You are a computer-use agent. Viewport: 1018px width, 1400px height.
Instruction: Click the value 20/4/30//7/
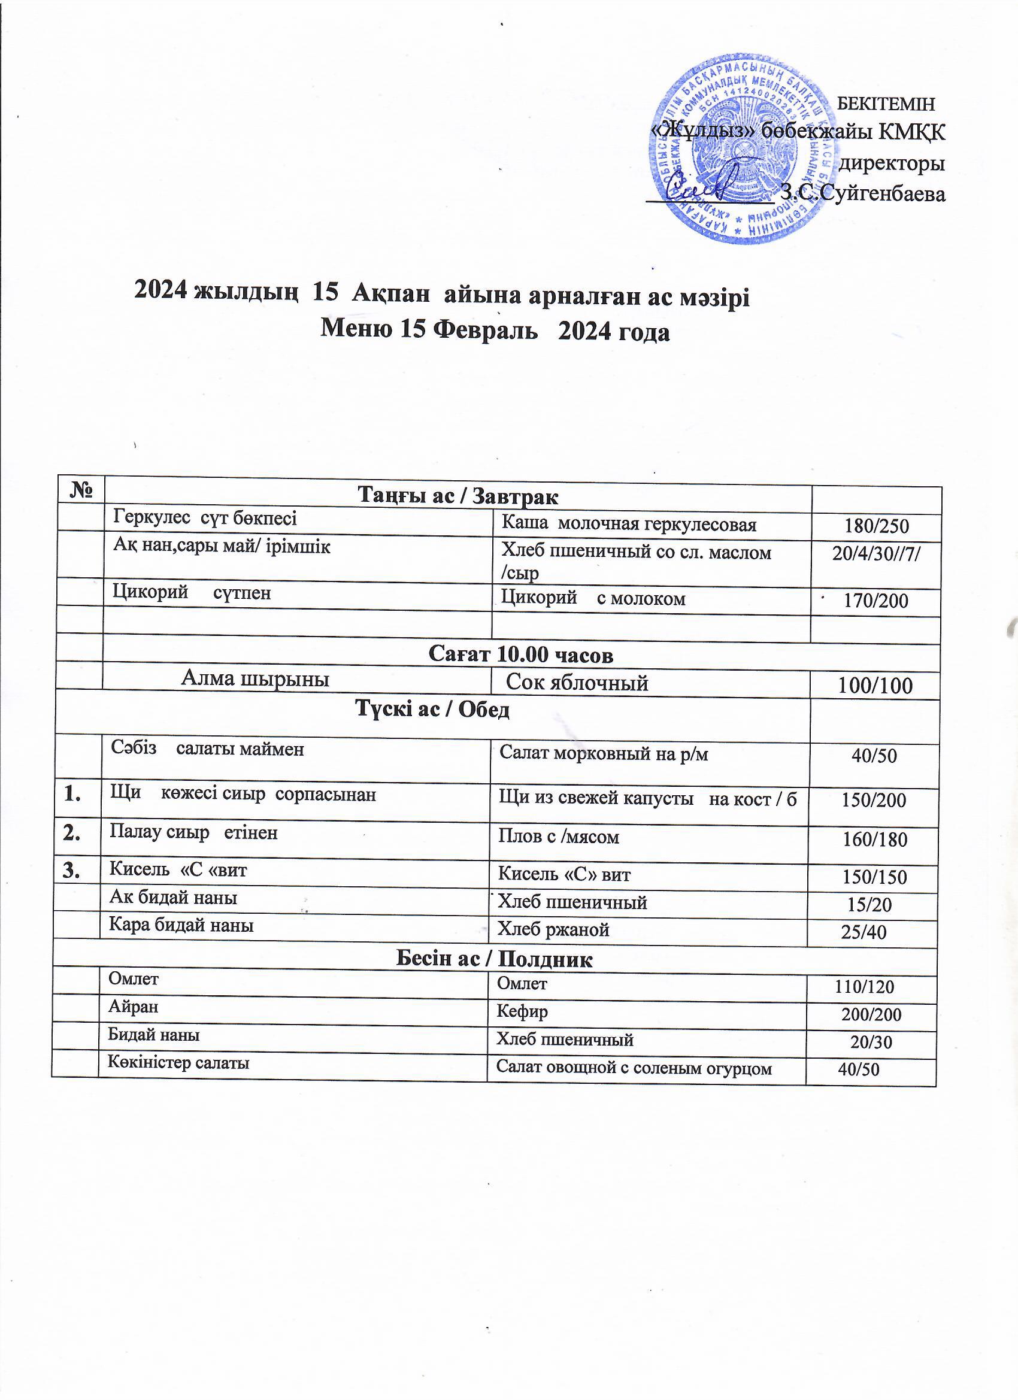(x=876, y=554)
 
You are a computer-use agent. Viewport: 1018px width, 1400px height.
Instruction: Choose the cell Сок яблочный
(x=577, y=683)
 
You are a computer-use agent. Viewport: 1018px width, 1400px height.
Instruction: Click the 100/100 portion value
(x=876, y=685)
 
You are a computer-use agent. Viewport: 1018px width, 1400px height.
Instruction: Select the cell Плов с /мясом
(x=559, y=837)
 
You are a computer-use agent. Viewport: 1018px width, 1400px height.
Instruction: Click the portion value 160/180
(x=875, y=839)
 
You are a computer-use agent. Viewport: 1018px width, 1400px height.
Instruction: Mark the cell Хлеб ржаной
(x=554, y=929)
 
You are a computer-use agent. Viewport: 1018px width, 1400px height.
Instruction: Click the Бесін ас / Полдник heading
(x=494, y=959)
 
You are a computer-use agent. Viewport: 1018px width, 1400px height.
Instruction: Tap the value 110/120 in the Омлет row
(x=864, y=987)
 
